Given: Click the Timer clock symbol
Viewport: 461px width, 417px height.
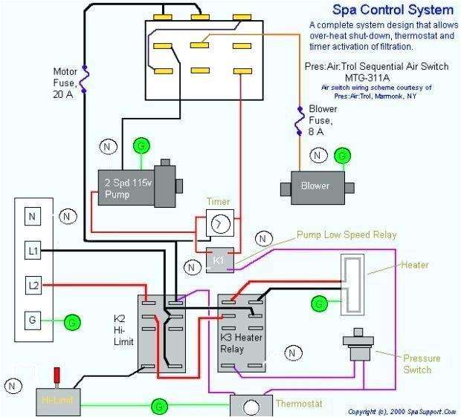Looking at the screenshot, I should (219, 223).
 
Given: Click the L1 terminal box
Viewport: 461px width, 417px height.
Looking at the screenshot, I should (32, 251).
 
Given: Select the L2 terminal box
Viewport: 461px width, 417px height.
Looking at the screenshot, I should (32, 285).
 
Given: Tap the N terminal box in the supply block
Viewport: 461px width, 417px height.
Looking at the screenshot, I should (32, 217).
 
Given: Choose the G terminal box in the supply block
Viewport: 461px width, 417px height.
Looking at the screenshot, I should (32, 321).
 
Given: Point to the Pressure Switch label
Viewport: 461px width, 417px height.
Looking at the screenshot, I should (422, 364).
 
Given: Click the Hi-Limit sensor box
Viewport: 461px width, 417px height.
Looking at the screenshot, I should (57, 400).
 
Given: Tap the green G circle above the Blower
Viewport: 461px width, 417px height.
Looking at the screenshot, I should (342, 155).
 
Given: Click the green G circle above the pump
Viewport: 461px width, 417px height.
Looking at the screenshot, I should (140, 146).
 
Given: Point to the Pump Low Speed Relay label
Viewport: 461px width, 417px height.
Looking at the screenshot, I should (346, 234).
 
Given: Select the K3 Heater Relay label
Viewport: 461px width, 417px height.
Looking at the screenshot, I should (242, 342).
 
